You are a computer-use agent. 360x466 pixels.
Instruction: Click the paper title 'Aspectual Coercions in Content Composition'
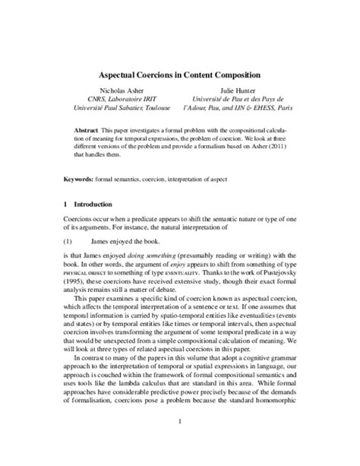tap(180, 76)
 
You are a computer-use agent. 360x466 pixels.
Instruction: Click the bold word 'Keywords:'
tap(81, 179)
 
